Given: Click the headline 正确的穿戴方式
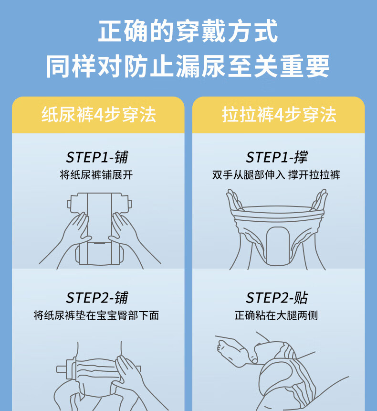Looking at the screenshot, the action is [188, 31].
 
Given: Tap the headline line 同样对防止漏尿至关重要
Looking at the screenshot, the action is [188, 66].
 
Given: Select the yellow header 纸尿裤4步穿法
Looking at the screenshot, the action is [99, 115].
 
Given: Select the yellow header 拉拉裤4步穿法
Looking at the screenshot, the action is [279, 115].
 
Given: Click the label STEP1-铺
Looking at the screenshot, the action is [97, 157].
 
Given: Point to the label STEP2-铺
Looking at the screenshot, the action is [97, 298].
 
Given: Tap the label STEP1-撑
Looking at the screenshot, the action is [277, 157].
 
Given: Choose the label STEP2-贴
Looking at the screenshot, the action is [277, 298].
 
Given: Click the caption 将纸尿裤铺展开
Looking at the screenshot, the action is [96, 175].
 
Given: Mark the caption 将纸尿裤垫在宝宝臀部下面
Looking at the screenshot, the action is [96, 315].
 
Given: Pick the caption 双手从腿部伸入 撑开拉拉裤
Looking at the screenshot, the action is [276, 175].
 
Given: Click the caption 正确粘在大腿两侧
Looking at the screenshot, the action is [276, 315].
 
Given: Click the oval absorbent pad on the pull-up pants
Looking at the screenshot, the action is [278, 246].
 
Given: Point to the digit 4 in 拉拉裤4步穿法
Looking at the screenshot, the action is [279, 115].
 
